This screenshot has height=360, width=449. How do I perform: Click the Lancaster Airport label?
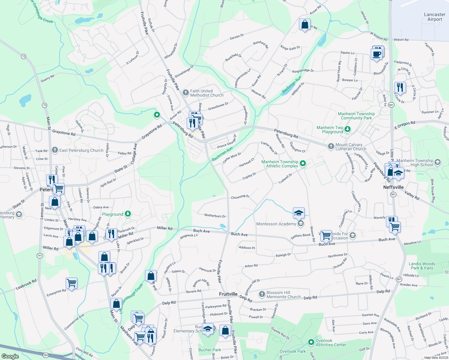(x=435, y=17)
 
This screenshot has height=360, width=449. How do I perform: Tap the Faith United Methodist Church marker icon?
(x=186, y=92)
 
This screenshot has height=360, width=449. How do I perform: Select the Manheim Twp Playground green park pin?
(x=348, y=129)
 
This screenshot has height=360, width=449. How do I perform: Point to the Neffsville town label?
(x=393, y=187)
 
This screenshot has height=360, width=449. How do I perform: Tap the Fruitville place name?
(x=228, y=294)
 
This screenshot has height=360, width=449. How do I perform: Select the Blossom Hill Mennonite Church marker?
(x=262, y=294)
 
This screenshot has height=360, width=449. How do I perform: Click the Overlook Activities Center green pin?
(x=311, y=342)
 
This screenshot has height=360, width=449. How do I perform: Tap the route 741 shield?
(x=40, y=256)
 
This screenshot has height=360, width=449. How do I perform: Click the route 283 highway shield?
(x=46, y=355)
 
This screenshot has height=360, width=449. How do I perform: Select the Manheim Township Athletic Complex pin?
(x=303, y=163)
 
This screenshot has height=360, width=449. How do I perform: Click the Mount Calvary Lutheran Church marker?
(x=331, y=146)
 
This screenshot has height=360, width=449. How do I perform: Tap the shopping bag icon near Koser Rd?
(x=305, y=25)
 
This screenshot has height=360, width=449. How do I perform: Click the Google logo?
(x=10, y=356)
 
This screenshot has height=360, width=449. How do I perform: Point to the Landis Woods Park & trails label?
(x=422, y=266)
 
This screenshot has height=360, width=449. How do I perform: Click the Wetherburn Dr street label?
(x=215, y=216)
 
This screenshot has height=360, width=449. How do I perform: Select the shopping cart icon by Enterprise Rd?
(x=72, y=283)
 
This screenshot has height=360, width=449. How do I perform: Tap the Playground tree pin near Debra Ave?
(x=128, y=214)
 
